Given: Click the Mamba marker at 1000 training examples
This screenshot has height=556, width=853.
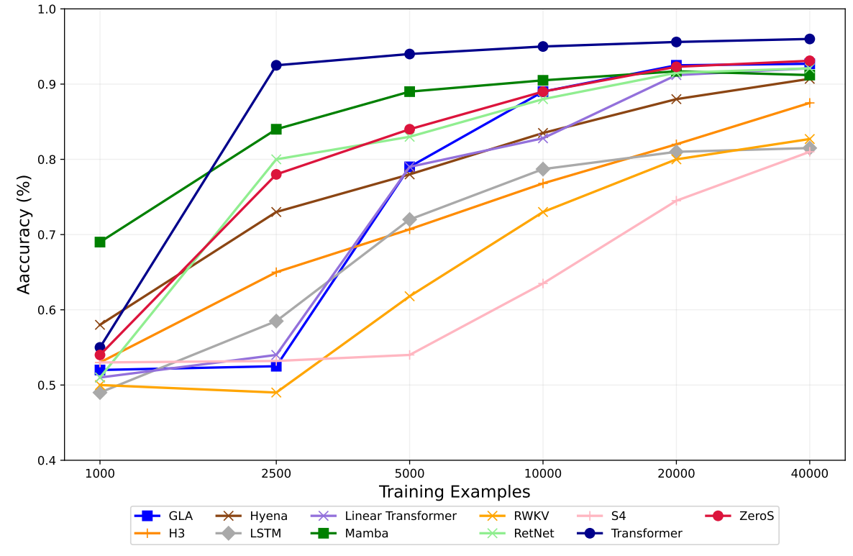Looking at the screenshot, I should point(100,242).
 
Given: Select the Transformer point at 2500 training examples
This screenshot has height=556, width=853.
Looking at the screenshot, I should point(276,65).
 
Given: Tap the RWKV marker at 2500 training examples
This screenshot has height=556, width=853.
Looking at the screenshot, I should point(276,393).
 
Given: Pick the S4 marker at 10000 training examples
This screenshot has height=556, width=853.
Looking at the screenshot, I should point(543,283).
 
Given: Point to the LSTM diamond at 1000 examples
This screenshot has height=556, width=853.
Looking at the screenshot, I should point(100,392).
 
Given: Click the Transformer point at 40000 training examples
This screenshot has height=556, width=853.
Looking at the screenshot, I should point(809,39).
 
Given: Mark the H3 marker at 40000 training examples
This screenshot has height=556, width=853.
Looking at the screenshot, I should point(809,103).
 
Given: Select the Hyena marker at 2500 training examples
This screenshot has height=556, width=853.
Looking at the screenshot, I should point(276,211).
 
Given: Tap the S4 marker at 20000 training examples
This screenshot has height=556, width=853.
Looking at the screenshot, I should point(676,201).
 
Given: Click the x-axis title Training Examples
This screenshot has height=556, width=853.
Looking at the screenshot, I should point(455,492).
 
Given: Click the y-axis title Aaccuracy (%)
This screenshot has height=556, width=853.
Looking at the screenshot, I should point(24,234).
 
